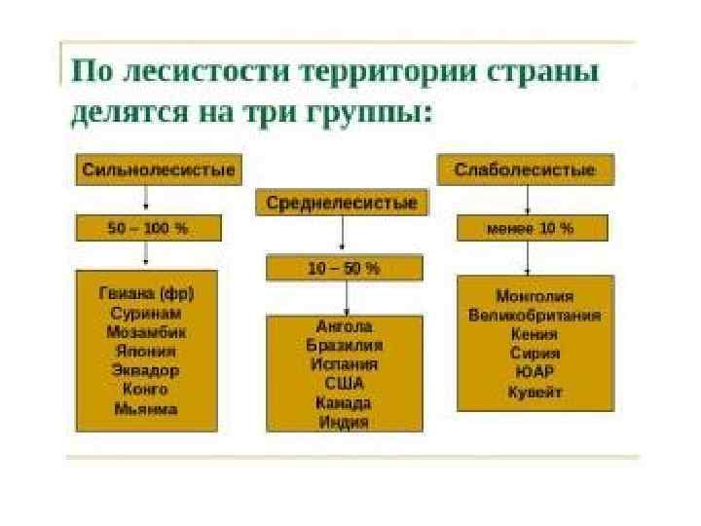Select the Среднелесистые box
[341, 203]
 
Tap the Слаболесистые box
[525, 170]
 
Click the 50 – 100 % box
[147, 228]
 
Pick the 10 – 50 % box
[344, 268]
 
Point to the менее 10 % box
[532, 228]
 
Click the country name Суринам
[146, 314]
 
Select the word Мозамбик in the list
[146, 332]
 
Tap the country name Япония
[146, 352]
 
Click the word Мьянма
[146, 409]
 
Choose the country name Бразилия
[344, 345]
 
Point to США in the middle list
[344, 384]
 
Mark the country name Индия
[344, 422]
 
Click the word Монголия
[535, 295]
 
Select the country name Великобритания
[535, 315]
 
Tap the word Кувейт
[535, 392]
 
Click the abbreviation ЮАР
[535, 372]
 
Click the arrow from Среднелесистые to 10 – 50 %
[343, 236]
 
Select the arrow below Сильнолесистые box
[146, 199]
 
